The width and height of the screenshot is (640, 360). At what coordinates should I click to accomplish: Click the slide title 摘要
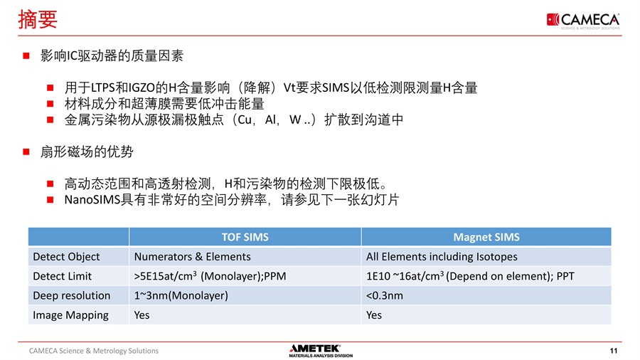[x=38, y=20]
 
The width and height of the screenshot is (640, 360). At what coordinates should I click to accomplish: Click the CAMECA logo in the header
[x=583, y=21]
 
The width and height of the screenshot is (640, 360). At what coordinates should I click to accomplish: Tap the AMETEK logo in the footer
[x=321, y=351]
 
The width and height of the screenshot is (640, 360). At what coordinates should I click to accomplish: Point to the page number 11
[x=614, y=351]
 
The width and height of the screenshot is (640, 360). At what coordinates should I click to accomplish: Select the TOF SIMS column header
[x=245, y=237]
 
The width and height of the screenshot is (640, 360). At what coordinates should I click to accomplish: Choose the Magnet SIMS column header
[x=486, y=237]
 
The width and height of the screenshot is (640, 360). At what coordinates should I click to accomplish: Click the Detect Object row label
[x=66, y=257]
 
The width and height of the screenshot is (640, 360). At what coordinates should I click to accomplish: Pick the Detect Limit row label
[x=62, y=276]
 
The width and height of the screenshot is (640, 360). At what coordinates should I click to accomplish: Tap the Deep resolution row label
[x=71, y=295]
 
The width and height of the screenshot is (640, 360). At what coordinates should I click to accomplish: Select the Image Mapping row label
[x=70, y=315]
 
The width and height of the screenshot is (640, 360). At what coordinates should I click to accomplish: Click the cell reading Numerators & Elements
[x=192, y=257]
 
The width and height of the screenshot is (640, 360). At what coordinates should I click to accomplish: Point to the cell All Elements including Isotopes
[x=442, y=257]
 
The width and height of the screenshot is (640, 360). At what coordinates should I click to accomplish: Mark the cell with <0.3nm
[x=385, y=295]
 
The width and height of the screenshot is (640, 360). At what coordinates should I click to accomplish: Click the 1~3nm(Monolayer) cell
[x=181, y=295]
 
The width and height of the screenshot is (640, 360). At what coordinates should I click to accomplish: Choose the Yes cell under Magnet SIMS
[x=374, y=315]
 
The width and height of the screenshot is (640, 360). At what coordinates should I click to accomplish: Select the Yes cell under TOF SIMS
[x=142, y=315]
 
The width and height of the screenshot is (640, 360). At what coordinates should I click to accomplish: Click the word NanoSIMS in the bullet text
[x=92, y=200]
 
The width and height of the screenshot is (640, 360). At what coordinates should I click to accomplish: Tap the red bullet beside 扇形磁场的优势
[x=26, y=152]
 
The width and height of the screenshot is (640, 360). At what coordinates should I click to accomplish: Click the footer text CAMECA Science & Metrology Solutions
[x=93, y=351]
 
